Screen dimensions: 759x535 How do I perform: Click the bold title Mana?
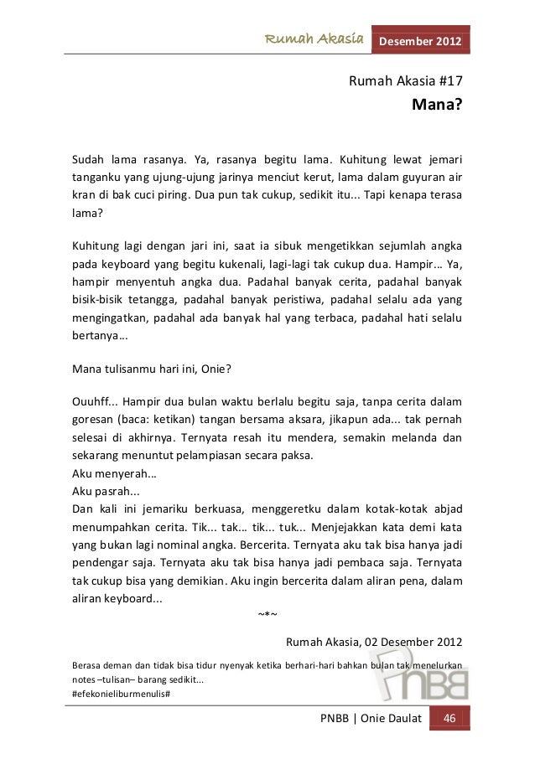click(436, 106)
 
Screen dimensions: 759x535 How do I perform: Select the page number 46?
click(449, 721)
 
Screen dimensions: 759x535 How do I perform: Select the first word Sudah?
click(89, 159)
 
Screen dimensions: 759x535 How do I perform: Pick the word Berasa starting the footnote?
click(90, 665)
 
